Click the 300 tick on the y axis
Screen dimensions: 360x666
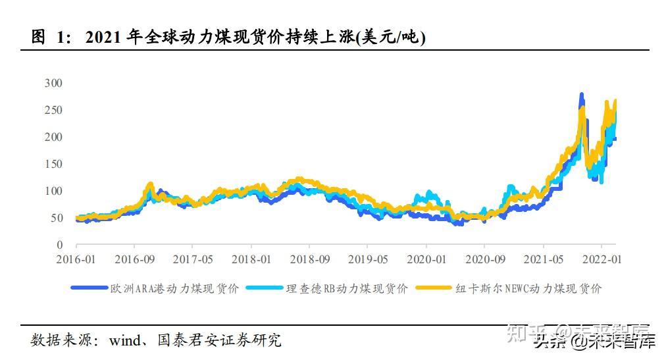tap(53, 83)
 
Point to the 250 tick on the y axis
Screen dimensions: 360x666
tap(53, 110)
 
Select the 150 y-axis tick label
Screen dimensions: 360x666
tap(53, 164)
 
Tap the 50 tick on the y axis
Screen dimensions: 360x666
tap(56, 218)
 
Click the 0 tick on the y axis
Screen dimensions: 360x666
tap(59, 245)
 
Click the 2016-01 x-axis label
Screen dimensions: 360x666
tap(76, 259)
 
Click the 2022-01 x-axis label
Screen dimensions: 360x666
tap(603, 259)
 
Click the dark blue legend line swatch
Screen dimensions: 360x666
tap(90, 288)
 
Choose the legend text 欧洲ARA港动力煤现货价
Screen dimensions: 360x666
tap(175, 288)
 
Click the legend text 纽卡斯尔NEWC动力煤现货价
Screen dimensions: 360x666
tap(529, 288)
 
